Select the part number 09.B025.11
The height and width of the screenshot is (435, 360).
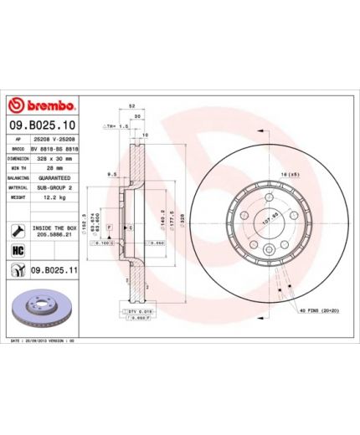tap(54, 270)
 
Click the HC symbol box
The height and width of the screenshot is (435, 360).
tap(17, 250)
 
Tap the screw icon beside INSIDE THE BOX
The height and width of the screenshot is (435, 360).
tap(17, 229)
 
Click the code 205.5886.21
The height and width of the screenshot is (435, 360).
tap(54, 234)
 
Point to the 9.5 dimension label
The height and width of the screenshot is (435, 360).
tap(111, 176)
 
